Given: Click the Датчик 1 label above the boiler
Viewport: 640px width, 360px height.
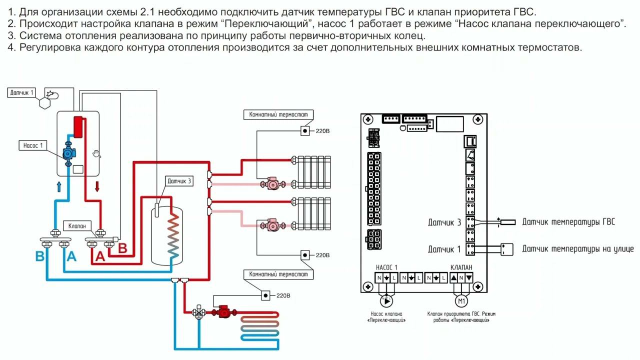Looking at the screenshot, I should point(22,92).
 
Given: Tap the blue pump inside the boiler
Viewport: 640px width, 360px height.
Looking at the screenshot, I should point(67,154).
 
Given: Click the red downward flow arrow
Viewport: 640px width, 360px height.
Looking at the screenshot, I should point(97,186).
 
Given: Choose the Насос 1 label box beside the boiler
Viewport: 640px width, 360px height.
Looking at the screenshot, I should point(33,145).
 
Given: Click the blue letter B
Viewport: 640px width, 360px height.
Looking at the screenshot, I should point(40,256).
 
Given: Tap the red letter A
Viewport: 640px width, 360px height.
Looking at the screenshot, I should point(100,256).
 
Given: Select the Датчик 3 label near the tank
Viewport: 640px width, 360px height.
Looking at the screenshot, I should point(179,181).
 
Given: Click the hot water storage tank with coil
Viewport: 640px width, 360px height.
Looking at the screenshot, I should point(166,235).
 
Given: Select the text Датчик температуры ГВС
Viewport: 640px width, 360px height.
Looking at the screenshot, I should point(568,222).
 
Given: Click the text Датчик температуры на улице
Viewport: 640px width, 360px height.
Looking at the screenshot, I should point(577,248).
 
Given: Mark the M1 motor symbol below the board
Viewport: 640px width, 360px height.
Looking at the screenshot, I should point(461,301).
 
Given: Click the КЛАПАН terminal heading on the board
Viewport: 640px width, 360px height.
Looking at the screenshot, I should point(461,267).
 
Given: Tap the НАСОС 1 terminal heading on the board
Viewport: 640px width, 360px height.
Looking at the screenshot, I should point(386,267).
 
